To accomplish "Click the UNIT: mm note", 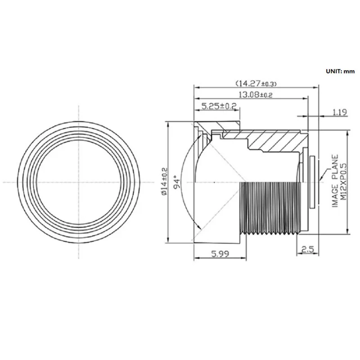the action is click(x=340, y=72).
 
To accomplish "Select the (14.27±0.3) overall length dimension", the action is click(x=256, y=83).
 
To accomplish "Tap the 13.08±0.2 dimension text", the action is click(x=256, y=94).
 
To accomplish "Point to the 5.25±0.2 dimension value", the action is click(x=219, y=106).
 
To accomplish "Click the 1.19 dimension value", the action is click(x=340, y=112).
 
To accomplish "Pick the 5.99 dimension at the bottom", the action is click(x=220, y=254).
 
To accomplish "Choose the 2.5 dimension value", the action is click(x=307, y=249).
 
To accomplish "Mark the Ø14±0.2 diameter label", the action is click(x=165, y=181).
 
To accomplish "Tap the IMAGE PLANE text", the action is click(x=335, y=181).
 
